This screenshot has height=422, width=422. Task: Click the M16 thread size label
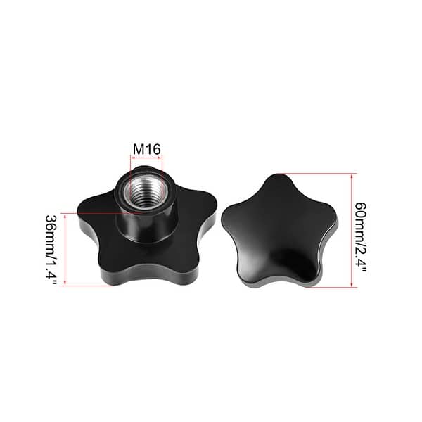(x=146, y=149)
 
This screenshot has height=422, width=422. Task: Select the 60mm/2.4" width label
(x=361, y=230)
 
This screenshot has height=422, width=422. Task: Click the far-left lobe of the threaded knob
(x=88, y=209)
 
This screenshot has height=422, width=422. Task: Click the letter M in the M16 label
(x=138, y=149)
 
